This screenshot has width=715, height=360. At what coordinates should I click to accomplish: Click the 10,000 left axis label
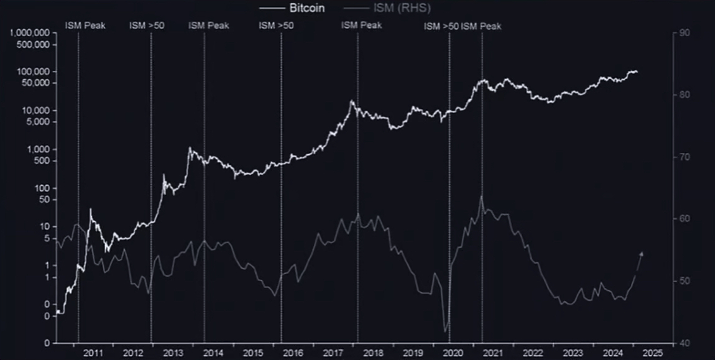click(x=36, y=110)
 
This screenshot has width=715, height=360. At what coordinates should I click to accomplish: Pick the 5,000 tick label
click(x=39, y=122)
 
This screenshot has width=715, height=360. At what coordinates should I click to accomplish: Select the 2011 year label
click(x=93, y=353)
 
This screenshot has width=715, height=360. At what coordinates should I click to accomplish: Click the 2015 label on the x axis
click(x=253, y=353)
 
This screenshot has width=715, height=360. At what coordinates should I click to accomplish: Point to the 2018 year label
click(x=374, y=353)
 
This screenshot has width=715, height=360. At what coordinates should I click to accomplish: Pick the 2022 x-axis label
click(x=533, y=353)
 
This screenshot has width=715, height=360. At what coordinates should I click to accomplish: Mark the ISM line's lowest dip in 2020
click(x=445, y=332)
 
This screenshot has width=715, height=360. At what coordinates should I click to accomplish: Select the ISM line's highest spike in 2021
click(x=481, y=196)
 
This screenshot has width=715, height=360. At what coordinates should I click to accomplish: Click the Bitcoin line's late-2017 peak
click(x=352, y=101)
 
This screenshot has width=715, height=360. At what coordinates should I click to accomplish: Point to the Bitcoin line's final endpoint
click(x=637, y=73)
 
